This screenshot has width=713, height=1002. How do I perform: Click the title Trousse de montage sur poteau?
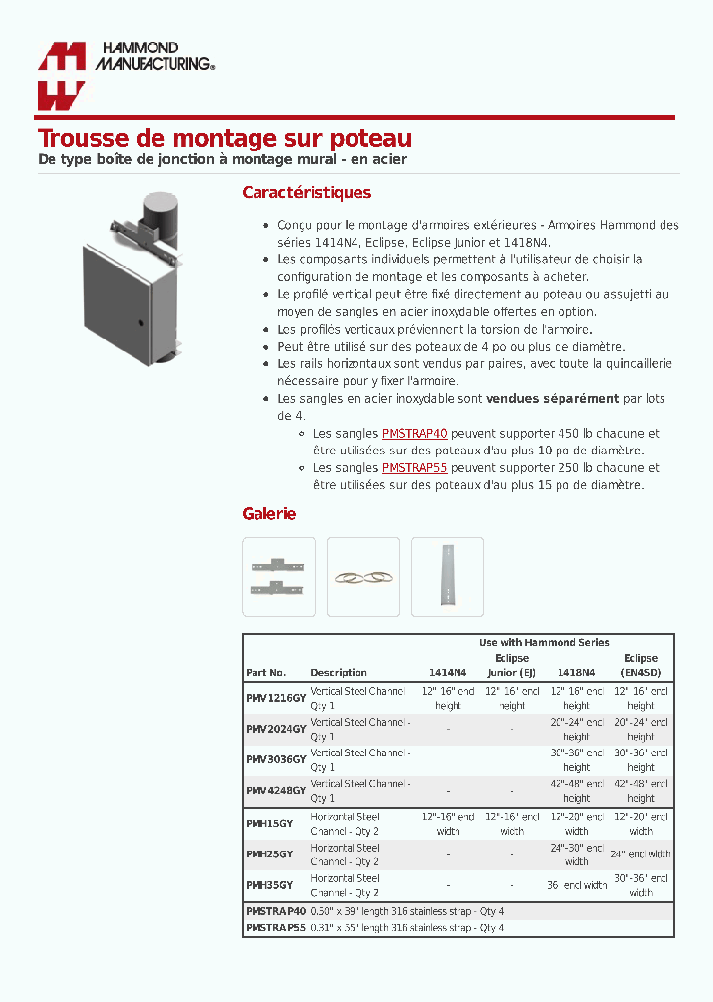tap(224, 139)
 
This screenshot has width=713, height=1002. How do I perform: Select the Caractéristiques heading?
tap(306, 193)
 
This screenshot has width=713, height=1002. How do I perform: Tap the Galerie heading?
tap(268, 514)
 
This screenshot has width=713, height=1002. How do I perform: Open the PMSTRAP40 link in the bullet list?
tap(414, 434)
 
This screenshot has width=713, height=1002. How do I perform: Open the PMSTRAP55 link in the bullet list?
tap(414, 468)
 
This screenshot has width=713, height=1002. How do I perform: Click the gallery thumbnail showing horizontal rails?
tap(278, 576)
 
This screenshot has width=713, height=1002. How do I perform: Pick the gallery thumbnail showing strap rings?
tap(362, 576)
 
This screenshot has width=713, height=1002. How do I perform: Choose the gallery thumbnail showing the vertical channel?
tap(447, 576)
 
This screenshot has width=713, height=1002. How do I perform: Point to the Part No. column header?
tap(265, 673)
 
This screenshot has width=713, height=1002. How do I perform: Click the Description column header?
tap(338, 673)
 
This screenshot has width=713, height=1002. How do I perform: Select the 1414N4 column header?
tap(448, 673)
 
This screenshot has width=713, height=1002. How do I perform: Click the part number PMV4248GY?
tap(275, 790)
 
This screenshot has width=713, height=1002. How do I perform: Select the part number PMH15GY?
tap(268, 824)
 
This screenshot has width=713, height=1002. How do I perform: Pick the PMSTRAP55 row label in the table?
tap(275, 928)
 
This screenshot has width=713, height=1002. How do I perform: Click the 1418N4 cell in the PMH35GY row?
tap(576, 885)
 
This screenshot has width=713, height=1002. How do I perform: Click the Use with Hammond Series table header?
tap(544, 643)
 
